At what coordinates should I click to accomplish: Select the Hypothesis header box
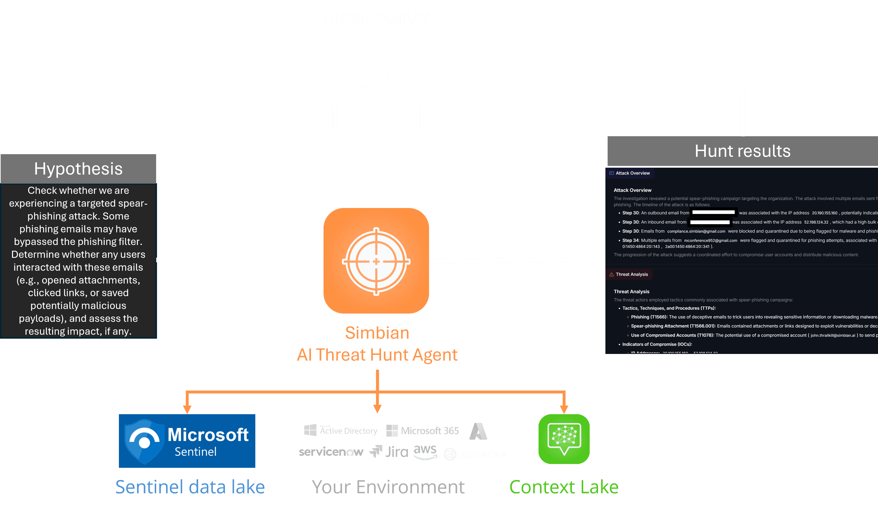coord(78,169)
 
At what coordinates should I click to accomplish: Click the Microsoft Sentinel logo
coord(187,441)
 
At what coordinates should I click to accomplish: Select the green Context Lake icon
coord(564,439)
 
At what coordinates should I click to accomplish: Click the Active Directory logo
coord(341,431)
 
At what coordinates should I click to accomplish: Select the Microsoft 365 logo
coord(423,431)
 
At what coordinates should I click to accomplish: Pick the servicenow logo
coord(331,452)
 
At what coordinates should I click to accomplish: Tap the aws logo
coord(425,452)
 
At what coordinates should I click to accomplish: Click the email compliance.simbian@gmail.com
coord(696,231)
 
